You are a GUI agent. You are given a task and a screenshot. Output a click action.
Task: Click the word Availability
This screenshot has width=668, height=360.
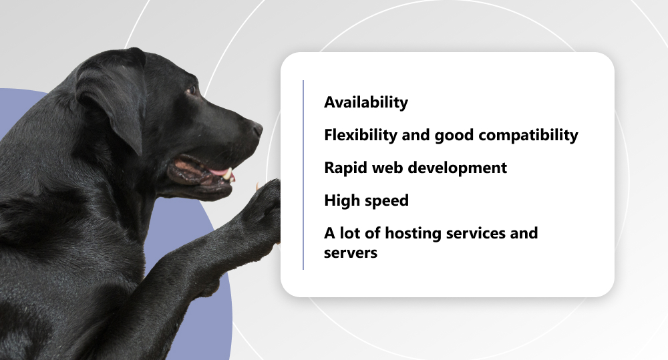pos(366,103)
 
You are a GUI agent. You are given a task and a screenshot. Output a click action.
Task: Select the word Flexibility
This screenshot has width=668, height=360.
pos(361,135)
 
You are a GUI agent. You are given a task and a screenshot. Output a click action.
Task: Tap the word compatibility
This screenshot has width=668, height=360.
pos(528,136)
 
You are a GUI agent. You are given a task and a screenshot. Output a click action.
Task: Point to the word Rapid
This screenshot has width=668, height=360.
pos(345,168)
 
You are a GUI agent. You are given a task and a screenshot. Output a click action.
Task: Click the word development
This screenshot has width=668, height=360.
pos(458,168)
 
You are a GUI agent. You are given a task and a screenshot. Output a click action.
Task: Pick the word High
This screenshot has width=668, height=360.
pos(339,200)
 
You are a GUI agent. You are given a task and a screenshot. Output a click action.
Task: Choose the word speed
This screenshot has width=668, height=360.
pos(384,201)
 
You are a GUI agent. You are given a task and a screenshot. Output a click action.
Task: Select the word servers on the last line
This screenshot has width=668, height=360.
pos(351,253)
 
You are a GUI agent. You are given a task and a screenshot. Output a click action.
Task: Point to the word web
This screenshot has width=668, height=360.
pos(387,168)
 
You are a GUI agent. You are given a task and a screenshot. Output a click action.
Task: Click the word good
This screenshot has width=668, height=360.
pos(454,136)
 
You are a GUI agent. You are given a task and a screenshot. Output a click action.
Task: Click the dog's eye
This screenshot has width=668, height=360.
pos(192,90)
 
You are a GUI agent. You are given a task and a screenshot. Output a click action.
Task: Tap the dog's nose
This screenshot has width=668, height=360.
pos(257,129)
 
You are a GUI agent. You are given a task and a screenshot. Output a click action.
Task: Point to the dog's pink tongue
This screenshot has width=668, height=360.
pos(219,172)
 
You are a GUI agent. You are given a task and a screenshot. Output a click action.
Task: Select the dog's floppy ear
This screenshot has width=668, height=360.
pos(113,98)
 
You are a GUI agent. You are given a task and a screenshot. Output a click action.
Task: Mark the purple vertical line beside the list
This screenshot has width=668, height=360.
pos(303,175)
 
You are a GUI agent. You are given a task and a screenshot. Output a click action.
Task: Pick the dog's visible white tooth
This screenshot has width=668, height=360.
pos(228,174)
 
